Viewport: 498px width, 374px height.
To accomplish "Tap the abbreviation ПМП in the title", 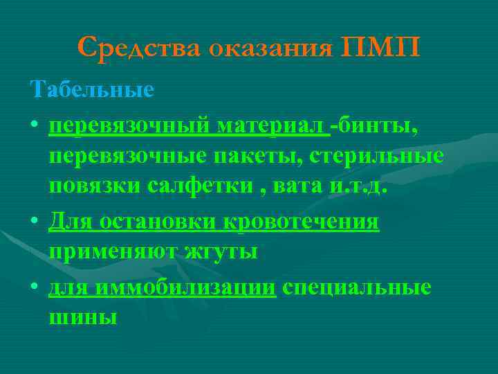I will (380, 48).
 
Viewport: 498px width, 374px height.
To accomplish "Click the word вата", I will (300, 187).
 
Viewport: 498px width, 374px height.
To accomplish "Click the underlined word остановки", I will (160, 223).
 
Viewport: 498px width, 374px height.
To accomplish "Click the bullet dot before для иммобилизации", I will (35, 287).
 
